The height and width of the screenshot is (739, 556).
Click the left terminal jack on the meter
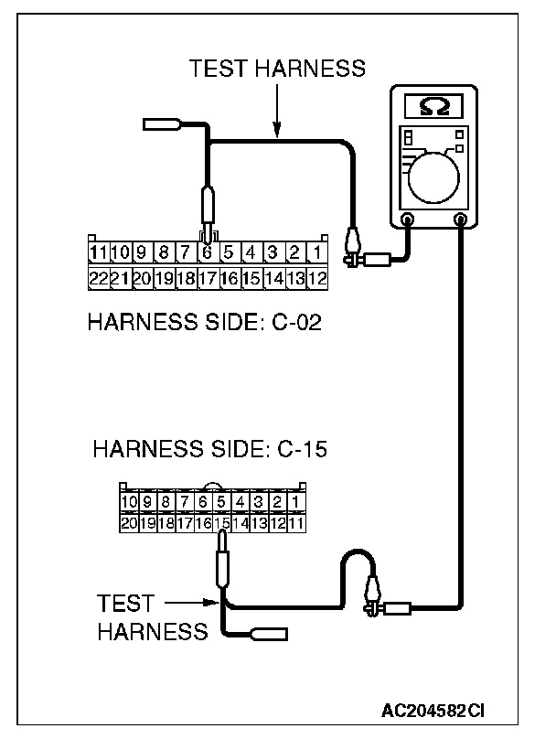pyautogui.click(x=407, y=220)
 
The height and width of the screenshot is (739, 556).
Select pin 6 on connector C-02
pyautogui.click(x=208, y=250)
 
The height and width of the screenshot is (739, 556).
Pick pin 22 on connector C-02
pyautogui.click(x=98, y=277)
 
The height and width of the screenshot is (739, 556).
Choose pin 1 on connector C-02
pyautogui.click(x=316, y=250)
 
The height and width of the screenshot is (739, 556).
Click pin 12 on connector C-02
pyautogui.click(x=317, y=277)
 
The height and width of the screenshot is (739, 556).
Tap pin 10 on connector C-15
pyautogui.click(x=128, y=501)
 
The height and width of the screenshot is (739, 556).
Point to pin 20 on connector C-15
pyautogui.click(x=128, y=523)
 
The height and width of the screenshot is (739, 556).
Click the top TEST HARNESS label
pyautogui.click(x=276, y=69)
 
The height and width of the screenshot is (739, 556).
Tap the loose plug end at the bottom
pyautogui.click(x=270, y=632)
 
